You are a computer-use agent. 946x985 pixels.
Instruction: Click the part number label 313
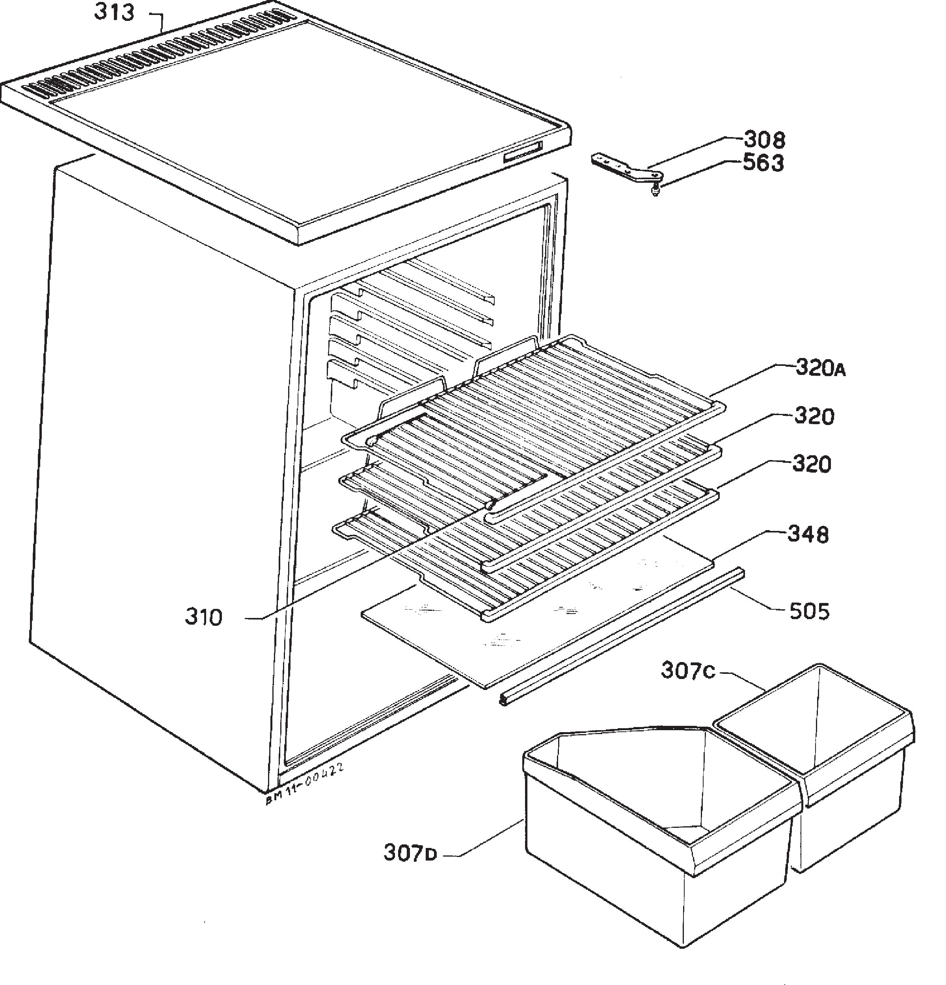pyautogui.click(x=114, y=12)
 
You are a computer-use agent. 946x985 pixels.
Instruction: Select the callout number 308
pyautogui.click(x=764, y=140)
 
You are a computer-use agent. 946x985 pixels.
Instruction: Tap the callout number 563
pyautogui.click(x=764, y=163)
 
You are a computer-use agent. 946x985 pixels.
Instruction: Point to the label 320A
pyautogui.click(x=820, y=368)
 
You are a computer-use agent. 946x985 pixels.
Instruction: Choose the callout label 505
pyautogui.click(x=809, y=611)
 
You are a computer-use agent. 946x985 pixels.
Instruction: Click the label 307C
pyautogui.click(x=687, y=670)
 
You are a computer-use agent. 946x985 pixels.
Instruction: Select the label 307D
pyautogui.click(x=410, y=853)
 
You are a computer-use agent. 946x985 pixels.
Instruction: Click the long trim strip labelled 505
pyautogui.click(x=622, y=636)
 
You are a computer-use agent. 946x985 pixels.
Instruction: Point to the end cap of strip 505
pyautogui.click(x=503, y=700)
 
